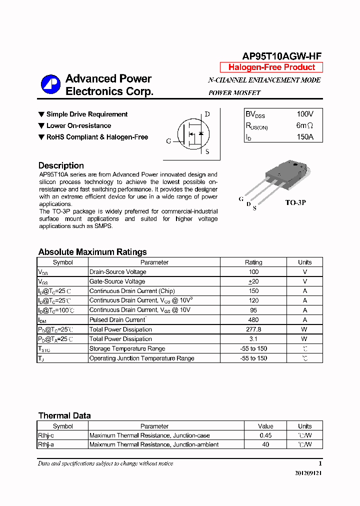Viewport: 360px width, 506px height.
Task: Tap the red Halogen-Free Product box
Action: pyautogui.click(x=271, y=67)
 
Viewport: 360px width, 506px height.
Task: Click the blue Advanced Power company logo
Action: pyautogui.click(x=50, y=84)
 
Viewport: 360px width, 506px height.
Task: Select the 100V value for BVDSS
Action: pyautogui.click(x=305, y=114)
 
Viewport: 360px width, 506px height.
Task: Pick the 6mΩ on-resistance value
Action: pyautogui.click(x=304, y=125)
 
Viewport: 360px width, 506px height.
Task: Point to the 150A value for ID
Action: pyautogui.click(x=304, y=136)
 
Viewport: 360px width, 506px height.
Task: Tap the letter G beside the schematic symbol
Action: pyautogui.click(x=168, y=141)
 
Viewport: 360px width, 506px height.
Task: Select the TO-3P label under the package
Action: pyautogui.click(x=295, y=203)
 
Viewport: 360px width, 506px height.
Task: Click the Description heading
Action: pyautogui.click(x=61, y=165)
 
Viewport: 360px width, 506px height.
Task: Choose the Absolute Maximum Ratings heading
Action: pyautogui.click(x=92, y=252)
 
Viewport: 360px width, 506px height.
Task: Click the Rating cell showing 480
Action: pyautogui.click(x=253, y=320)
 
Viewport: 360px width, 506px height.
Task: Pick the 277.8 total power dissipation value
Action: pyautogui.click(x=253, y=329)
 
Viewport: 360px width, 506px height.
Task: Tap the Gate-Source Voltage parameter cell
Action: pyautogui.click(x=117, y=281)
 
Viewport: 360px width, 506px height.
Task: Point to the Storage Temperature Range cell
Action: pyautogui.click(x=127, y=348)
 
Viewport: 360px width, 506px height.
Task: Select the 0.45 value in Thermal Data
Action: pyautogui.click(x=265, y=435)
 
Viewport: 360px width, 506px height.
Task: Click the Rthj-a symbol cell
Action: pyautogui.click(x=46, y=444)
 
